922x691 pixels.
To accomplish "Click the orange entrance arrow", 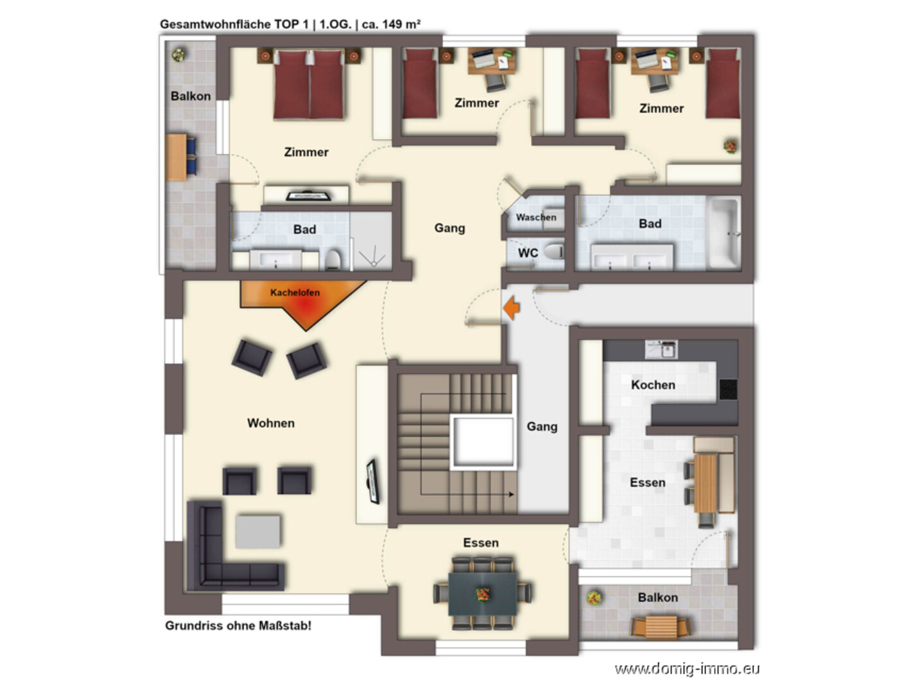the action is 512,307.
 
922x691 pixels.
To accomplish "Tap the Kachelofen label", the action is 295,293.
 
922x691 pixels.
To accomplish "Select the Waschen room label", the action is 536,218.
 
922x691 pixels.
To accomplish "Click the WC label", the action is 528,253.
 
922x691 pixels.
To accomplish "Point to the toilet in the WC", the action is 553,252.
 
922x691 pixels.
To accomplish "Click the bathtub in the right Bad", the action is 724,233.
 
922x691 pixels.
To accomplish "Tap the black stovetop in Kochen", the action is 728,389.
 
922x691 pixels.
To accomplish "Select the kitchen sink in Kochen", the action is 661,349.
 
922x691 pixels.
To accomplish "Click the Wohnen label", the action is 271,423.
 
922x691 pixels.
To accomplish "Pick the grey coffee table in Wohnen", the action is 257,532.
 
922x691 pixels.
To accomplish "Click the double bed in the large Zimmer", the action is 309,84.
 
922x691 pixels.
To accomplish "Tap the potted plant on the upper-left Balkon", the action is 178,55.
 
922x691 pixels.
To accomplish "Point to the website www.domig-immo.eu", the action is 687,669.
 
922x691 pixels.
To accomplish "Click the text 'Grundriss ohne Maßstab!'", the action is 238,626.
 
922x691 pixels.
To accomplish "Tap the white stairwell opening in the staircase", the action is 483,442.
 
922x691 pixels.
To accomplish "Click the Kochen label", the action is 653,385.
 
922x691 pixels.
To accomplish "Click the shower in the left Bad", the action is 371,241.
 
